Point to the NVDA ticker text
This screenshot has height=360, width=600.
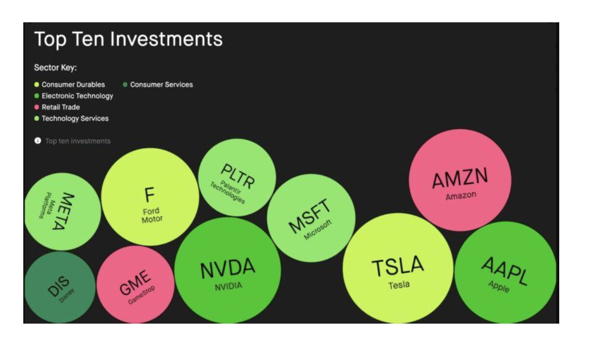pyautogui.click(x=228, y=268)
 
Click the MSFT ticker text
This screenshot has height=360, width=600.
pyautogui.click(x=309, y=216)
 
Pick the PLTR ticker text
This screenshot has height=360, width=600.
pyautogui.click(x=238, y=176)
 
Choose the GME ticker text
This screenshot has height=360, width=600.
pyautogui.click(x=134, y=282)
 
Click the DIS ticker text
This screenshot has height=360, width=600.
pyautogui.click(x=58, y=286)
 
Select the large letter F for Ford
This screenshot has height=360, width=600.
pyautogui.click(x=150, y=195)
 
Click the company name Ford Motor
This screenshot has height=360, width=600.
pyautogui.click(x=152, y=215)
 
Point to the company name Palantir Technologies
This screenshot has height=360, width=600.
pyautogui.click(x=228, y=192)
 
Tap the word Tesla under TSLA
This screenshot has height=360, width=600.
pyautogui.click(x=399, y=285)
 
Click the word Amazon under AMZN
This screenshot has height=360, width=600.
pyautogui.click(x=461, y=196)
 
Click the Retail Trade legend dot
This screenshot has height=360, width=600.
pyautogui.click(x=37, y=107)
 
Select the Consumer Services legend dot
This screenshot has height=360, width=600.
pyautogui.click(x=125, y=84)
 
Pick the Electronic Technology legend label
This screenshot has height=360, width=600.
pyautogui.click(x=77, y=96)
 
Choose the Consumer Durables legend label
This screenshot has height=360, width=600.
pyautogui.click(x=73, y=84)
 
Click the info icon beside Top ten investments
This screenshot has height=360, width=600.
pyautogui.click(x=38, y=141)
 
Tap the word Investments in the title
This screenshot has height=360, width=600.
pyautogui.click(x=167, y=39)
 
